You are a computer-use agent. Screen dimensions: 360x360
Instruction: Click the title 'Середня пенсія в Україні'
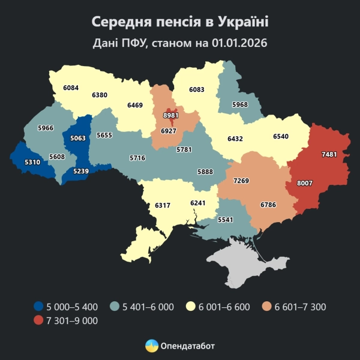180,22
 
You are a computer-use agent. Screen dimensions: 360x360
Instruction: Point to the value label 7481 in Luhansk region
329,155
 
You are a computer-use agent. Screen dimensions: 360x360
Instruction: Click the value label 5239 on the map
80,172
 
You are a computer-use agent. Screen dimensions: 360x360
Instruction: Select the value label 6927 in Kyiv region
170,131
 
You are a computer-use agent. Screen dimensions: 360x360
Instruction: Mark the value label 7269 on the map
242,181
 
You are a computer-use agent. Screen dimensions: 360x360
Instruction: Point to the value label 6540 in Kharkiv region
280,136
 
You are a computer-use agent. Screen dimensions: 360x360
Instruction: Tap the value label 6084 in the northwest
71,88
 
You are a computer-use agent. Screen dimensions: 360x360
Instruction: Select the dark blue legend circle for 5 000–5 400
39,307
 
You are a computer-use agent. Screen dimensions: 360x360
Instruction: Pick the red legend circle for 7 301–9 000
39,321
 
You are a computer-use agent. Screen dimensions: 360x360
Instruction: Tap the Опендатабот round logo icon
152,346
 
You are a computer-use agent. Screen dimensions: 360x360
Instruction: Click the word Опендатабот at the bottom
188,346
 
